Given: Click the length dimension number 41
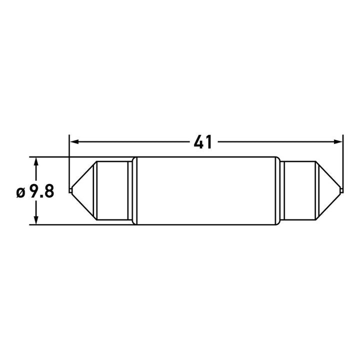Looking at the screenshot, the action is pos(202,142).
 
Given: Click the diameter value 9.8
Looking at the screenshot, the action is pos(42,191).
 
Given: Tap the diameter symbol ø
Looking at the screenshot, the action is pos(20,192).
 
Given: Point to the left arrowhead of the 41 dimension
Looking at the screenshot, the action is pos(74,142).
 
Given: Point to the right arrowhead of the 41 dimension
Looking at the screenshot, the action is pos(337,142).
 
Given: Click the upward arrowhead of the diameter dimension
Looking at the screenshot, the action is pos(36,162).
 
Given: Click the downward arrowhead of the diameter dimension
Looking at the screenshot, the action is pos(36,219).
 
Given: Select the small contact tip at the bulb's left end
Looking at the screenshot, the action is pos(70,190).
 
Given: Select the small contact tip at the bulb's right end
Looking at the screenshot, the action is pos(341,190).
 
